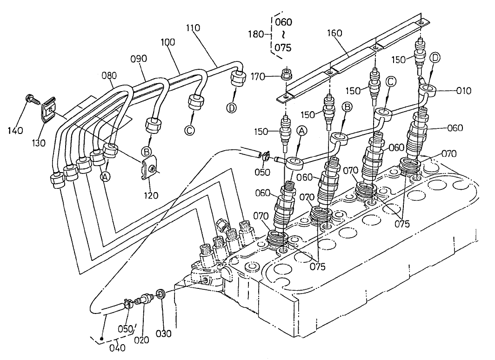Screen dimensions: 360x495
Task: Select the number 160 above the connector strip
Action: pyautogui.click(x=334, y=33)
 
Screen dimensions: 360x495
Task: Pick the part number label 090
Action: pyautogui.click(x=138, y=59)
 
